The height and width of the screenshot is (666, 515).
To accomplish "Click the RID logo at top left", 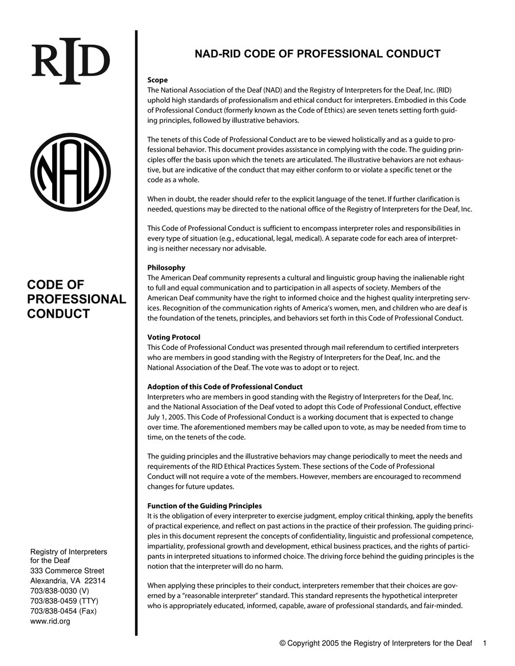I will point(70,61).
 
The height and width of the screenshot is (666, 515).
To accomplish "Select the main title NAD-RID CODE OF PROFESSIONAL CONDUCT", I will point(318,54).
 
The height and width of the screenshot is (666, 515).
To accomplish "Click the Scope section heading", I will point(157,80).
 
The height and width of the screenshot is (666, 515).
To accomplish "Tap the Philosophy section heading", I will point(166,268).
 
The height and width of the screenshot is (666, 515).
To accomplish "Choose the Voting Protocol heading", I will point(173,337).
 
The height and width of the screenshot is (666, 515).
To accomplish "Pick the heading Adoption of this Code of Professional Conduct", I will point(225,387).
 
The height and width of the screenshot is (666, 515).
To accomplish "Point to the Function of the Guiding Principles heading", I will point(204,506).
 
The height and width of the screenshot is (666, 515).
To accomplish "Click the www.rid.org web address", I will point(50,621).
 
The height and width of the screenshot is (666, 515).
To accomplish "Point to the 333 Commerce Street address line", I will point(67,571).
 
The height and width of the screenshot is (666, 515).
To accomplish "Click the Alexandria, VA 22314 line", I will point(68,581).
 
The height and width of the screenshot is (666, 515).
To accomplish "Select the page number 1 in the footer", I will point(484,643).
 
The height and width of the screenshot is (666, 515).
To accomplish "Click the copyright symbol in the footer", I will point(282,643).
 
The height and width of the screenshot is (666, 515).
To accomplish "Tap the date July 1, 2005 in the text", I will point(161,417).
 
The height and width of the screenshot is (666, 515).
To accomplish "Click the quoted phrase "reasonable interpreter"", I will point(194,596).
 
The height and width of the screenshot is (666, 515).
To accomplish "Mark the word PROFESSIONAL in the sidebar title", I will point(77,300).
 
